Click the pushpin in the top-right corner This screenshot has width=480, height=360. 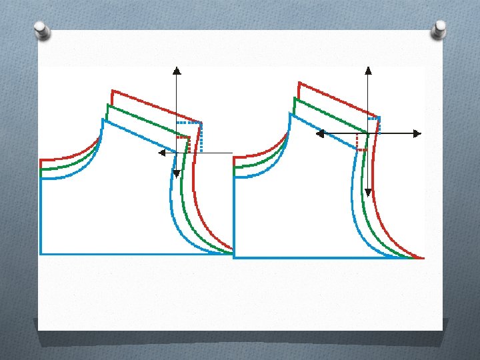pyautogui.click(x=440, y=28)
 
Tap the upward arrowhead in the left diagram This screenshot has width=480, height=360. pyautogui.click(x=176, y=70)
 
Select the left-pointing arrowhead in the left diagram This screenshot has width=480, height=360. pyautogui.click(x=161, y=153)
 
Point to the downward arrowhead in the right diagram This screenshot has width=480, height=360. pyautogui.click(x=368, y=193)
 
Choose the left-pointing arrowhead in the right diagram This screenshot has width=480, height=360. pyautogui.click(x=319, y=133)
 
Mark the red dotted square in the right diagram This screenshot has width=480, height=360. pyautogui.click(x=362, y=141)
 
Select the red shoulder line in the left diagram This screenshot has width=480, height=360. pyautogui.click(x=157, y=107)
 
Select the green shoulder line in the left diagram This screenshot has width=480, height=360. pyautogui.click(x=147, y=121)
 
